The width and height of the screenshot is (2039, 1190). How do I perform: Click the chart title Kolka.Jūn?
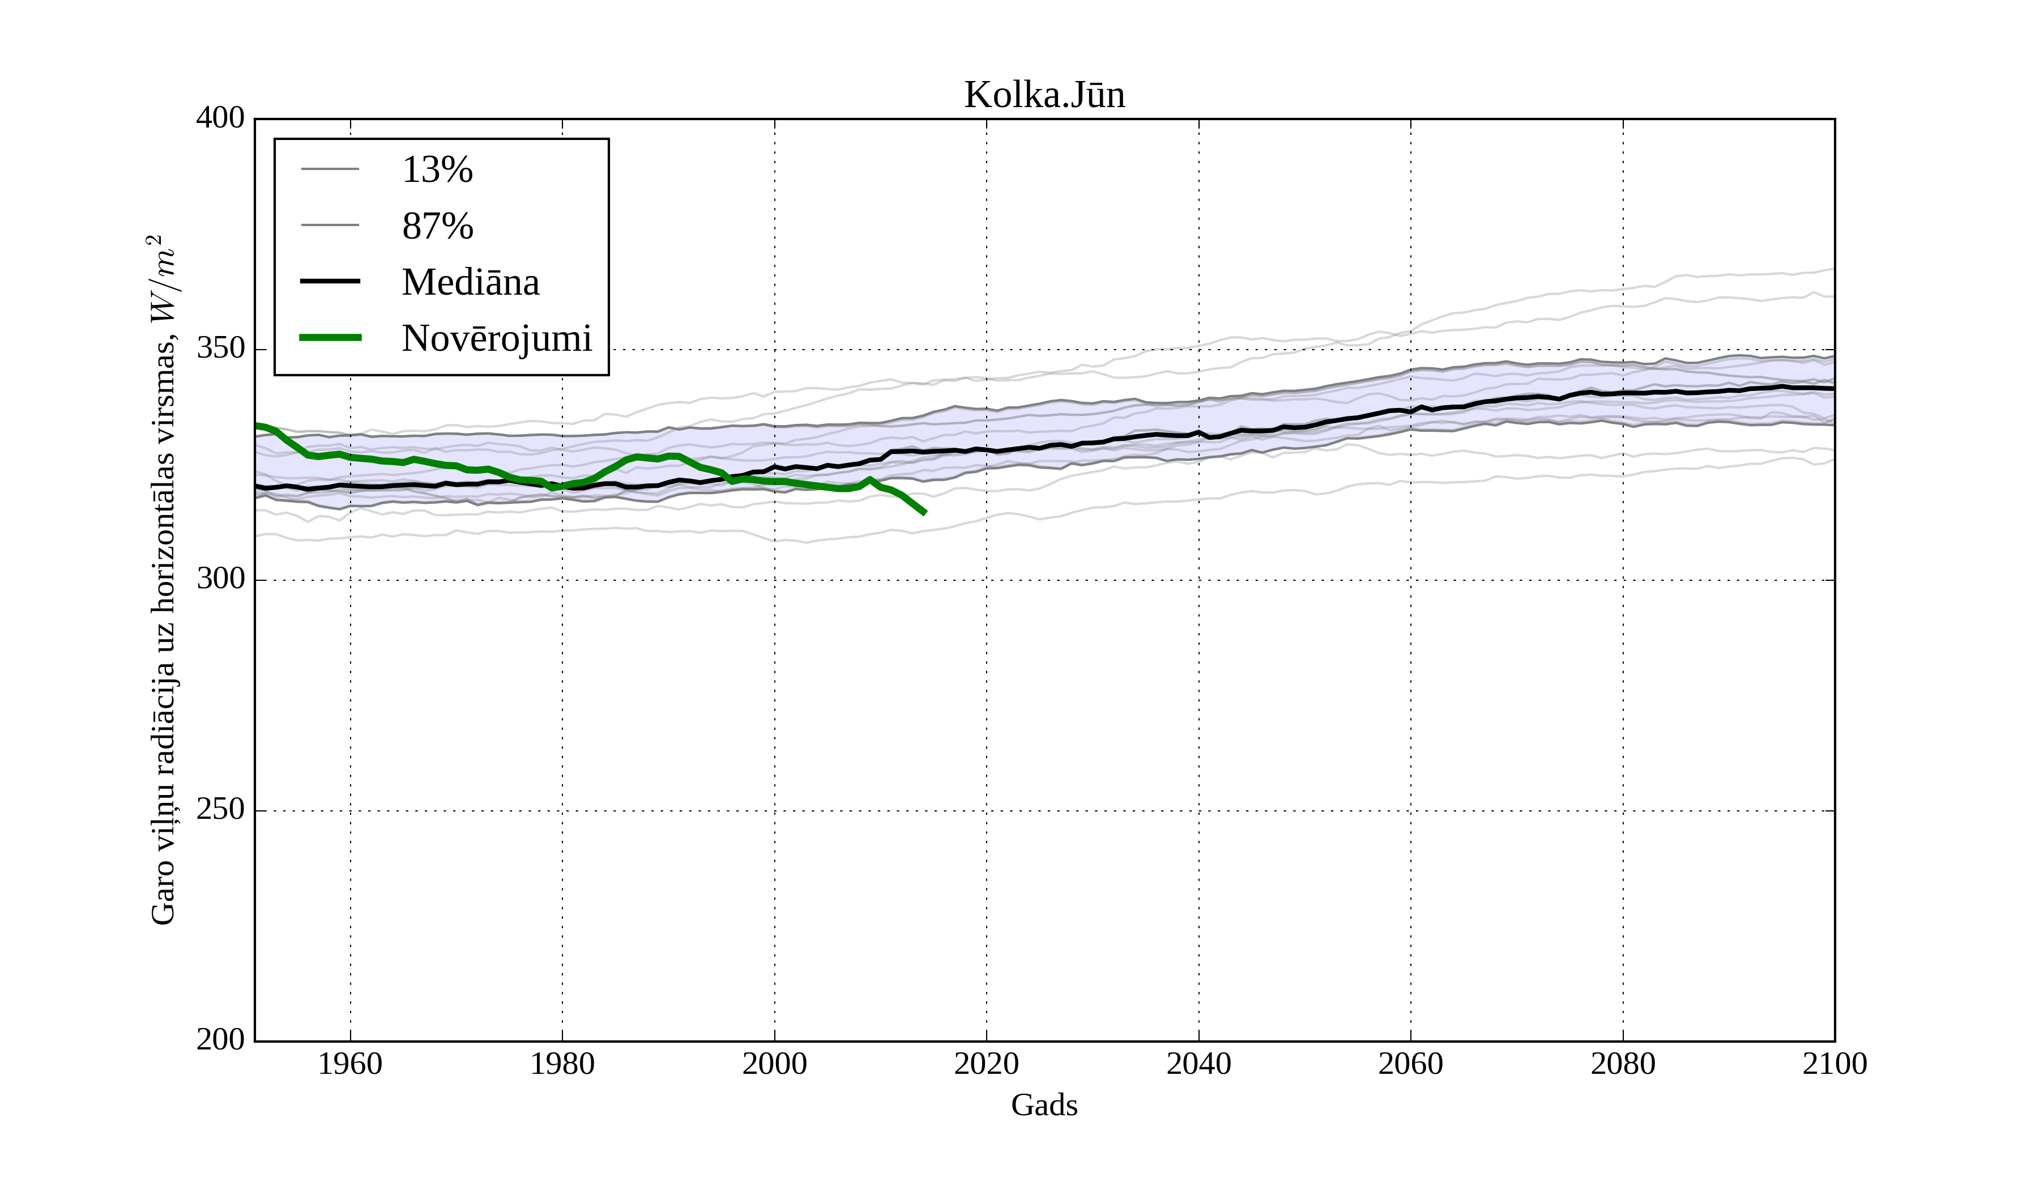point(1044,96)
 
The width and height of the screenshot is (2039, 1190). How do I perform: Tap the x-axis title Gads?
point(1044,1105)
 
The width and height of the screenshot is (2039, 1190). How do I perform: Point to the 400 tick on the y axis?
point(220,118)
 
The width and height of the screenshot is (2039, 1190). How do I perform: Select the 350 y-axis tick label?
point(220,349)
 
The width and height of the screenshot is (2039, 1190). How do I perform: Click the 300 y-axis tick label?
point(220,580)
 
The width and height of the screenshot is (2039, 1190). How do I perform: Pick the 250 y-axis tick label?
point(220,810)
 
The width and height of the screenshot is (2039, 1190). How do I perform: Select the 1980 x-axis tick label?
point(562,1064)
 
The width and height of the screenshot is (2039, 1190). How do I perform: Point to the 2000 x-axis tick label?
point(774,1064)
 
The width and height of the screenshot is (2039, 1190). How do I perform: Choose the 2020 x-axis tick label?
point(986,1064)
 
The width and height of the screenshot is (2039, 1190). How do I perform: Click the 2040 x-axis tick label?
point(1198,1064)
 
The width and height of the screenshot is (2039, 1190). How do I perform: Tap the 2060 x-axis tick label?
point(1410,1064)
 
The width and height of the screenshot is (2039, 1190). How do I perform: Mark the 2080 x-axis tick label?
point(1622,1064)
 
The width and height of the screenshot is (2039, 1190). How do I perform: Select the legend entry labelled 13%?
point(437,170)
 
